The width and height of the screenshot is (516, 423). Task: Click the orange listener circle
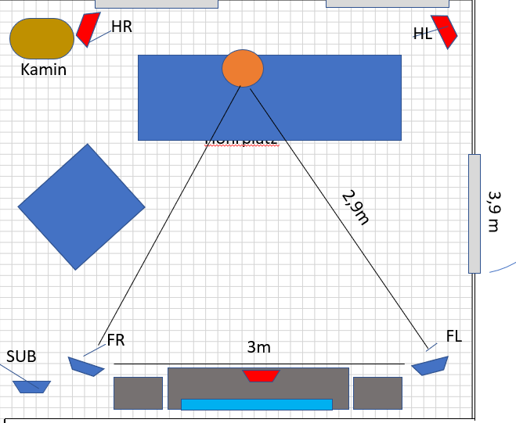[242, 68]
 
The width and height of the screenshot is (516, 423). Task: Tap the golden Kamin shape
[41, 38]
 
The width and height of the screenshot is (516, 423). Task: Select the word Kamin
[44, 70]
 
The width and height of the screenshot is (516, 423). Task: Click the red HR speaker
[88, 28]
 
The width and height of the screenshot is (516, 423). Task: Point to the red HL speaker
[444, 31]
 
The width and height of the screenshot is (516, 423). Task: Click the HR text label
[121, 27]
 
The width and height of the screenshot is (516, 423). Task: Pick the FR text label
[116, 339]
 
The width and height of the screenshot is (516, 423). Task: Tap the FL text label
[454, 336]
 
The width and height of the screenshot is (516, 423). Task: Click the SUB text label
[21, 357]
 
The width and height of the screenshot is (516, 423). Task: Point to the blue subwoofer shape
[32, 386]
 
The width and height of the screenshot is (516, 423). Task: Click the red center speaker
[261, 376]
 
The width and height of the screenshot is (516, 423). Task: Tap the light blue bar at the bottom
[257, 404]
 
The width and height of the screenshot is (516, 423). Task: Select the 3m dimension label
[258, 347]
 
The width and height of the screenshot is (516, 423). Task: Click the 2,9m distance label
[355, 207]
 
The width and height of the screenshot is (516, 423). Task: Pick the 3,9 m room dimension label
[493, 211]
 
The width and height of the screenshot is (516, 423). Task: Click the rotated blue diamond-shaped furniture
[81, 206]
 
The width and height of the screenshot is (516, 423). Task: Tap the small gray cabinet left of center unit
[138, 393]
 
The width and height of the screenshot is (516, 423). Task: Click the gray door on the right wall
[474, 213]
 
